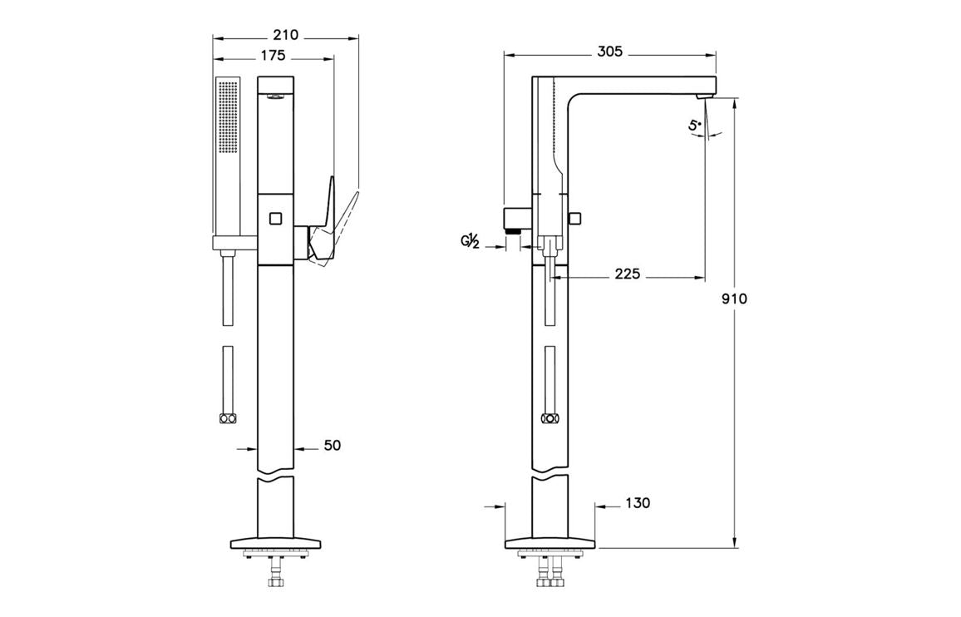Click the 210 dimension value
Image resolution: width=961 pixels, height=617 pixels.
(x=285, y=35)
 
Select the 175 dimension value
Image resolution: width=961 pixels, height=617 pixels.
(x=272, y=56)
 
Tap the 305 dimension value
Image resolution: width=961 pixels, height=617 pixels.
(x=609, y=52)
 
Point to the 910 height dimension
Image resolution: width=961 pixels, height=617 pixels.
(x=734, y=299)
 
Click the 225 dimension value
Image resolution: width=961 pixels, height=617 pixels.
(x=627, y=274)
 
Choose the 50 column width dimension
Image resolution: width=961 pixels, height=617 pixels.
(x=332, y=446)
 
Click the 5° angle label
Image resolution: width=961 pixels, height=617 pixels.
(x=695, y=126)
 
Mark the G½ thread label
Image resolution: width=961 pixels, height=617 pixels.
(x=471, y=241)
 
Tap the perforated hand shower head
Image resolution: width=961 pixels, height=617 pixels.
(x=228, y=116)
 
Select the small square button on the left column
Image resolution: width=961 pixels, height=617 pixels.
(x=276, y=219)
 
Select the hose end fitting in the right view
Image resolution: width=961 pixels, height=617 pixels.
(x=549, y=419)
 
